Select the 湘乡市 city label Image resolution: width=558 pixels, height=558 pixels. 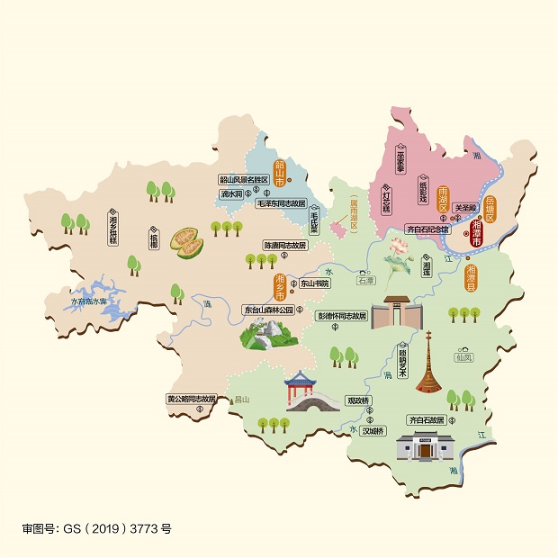pyautogui.click(x=280, y=286)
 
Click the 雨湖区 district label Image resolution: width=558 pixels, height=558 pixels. pyautogui.click(x=443, y=199)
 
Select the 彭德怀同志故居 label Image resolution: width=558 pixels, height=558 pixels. pyautogui.click(x=341, y=317)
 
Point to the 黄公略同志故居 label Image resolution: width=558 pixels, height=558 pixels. pyautogui.click(x=192, y=399)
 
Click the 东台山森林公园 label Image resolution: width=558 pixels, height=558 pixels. pyautogui.click(x=268, y=310)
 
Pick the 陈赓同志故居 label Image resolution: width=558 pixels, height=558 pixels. pyautogui.click(x=284, y=245)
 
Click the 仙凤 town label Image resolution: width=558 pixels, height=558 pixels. pyautogui.click(x=463, y=357)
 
